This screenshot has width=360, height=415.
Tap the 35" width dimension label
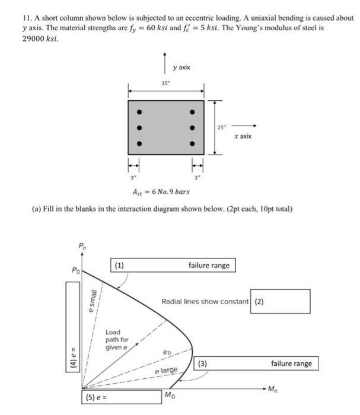point(165,83)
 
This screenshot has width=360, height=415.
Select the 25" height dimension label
point(221,127)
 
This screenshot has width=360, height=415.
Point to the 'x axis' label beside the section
point(243,136)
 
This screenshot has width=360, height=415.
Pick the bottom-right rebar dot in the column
point(192,143)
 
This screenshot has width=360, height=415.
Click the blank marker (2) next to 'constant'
point(259,301)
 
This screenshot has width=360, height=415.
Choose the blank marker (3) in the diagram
point(203,363)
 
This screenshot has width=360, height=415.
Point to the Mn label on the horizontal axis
point(272,389)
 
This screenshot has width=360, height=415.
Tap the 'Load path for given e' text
point(117,340)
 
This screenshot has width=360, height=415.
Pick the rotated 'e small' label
point(92,302)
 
